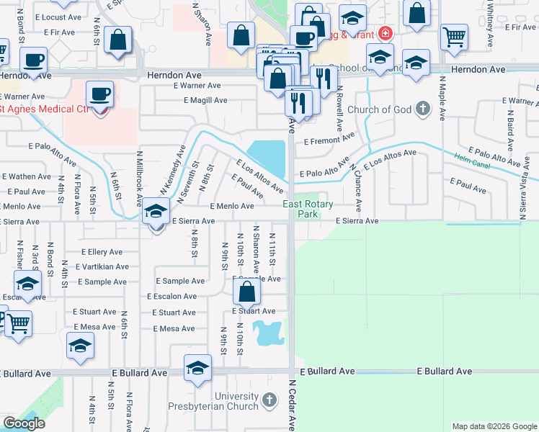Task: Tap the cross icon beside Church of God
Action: pyautogui.click(x=423, y=109)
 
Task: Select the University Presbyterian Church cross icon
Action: pyautogui.click(x=269, y=399)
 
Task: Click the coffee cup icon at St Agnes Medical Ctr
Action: pyautogui.click(x=99, y=94)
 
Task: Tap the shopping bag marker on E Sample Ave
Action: pyautogui.click(x=246, y=292)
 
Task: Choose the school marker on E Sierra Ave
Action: pyautogui.click(x=155, y=212)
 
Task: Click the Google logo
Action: pyautogui.click(x=24, y=423)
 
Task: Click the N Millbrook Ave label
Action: pyautogui.click(x=139, y=178)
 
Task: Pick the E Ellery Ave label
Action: pyautogui.click(x=102, y=252)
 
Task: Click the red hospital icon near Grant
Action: pyautogui.click(x=386, y=33)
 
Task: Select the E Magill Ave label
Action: pyautogui.click(x=205, y=101)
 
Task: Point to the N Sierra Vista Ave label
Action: pyautogui.click(x=522, y=194)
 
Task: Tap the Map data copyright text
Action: pyautogui.click(x=494, y=426)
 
